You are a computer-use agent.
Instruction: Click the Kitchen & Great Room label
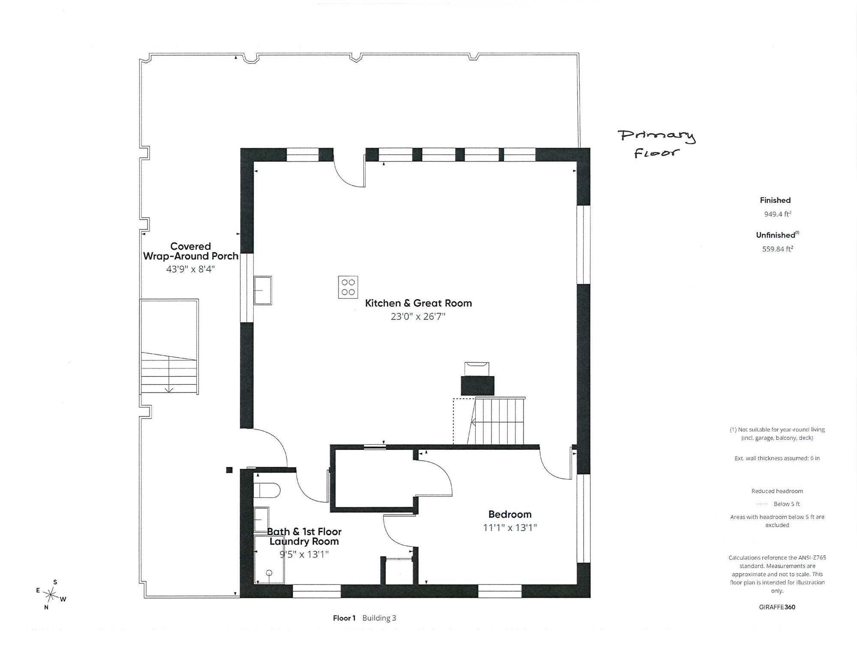click(x=418, y=303)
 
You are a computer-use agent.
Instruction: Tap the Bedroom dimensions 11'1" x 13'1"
click(x=510, y=527)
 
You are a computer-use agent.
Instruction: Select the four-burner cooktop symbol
click(x=348, y=287)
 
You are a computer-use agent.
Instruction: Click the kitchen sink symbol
click(x=263, y=291)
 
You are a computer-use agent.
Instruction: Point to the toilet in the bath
click(x=267, y=490)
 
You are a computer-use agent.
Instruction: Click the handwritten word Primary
click(x=656, y=137)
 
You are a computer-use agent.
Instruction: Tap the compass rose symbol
click(x=51, y=595)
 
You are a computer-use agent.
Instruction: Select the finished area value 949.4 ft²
click(x=777, y=214)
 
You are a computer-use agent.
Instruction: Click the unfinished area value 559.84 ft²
click(x=777, y=249)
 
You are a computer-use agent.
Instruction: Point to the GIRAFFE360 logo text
click(x=777, y=607)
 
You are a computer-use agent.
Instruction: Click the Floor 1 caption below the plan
click(x=344, y=618)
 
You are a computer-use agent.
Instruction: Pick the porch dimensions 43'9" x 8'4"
click(x=190, y=269)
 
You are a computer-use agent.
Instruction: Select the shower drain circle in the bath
click(x=269, y=573)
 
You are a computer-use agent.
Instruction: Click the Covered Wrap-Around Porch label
click(x=191, y=251)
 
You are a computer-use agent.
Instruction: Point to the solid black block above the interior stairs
click(x=477, y=386)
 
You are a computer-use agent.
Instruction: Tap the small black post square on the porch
click(x=229, y=470)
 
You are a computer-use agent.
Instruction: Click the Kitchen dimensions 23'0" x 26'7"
click(x=418, y=317)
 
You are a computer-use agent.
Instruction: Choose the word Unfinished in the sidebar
click(x=776, y=235)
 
